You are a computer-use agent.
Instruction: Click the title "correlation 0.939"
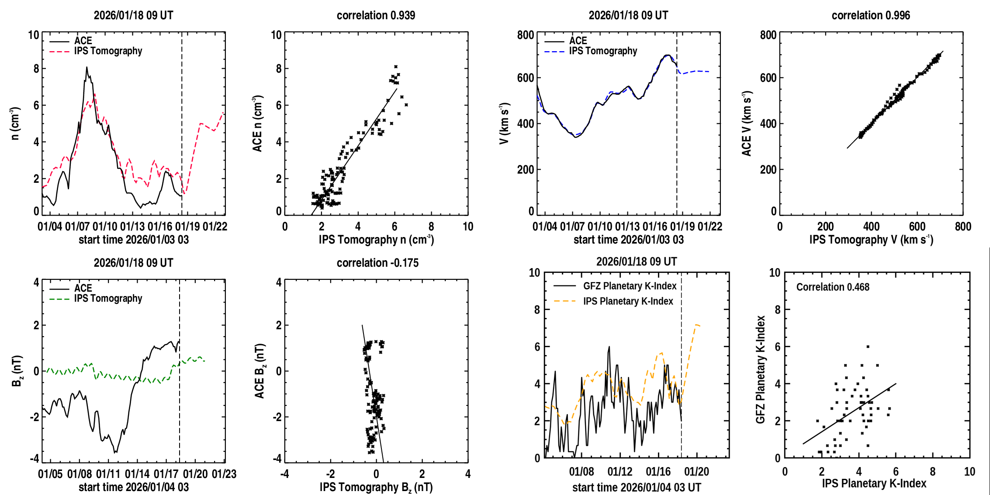coord(376,15)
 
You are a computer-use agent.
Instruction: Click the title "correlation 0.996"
coord(870,15)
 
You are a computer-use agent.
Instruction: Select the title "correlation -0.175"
coord(377,263)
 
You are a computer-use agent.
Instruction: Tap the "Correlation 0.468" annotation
coord(832,287)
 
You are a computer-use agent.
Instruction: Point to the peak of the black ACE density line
coord(87,67)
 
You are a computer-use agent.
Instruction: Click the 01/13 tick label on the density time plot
coord(132,227)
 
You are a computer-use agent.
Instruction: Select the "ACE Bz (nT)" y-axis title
coord(260,371)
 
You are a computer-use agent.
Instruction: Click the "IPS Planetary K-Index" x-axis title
coord(874,483)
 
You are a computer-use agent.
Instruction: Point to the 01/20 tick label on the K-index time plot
coord(696,472)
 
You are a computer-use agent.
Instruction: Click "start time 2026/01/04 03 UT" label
coord(637,487)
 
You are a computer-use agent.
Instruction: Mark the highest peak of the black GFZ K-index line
coord(609,347)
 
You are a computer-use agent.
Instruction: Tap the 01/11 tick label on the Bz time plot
coord(108,474)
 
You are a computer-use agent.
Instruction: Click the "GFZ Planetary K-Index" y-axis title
coord(761,370)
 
